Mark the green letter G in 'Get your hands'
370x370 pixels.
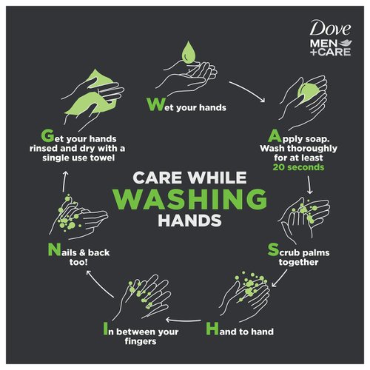coord(48,135)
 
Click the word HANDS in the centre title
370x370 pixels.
coord(185,221)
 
